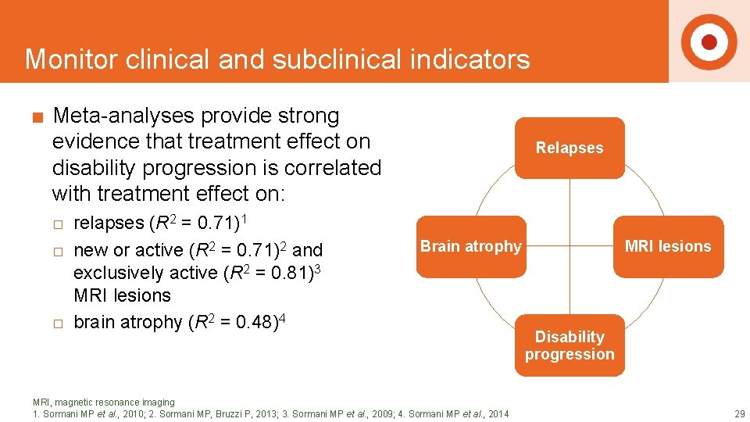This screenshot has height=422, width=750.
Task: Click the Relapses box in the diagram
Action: click(x=570, y=148)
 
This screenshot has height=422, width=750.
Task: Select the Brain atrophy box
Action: click(x=470, y=246)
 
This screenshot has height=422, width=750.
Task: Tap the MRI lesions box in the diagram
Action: click(x=668, y=246)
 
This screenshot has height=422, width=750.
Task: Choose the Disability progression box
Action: click(x=570, y=345)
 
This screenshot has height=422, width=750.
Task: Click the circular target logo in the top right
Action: click(x=709, y=41)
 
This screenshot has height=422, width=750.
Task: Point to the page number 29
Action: click(x=738, y=413)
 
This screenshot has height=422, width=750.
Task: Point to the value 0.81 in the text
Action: click(x=276, y=274)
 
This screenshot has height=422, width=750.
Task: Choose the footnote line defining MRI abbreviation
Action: click(x=104, y=402)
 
